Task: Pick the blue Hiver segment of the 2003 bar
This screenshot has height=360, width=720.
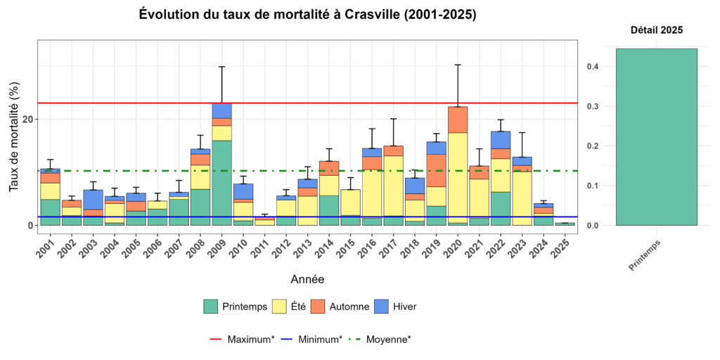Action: pos(94,199)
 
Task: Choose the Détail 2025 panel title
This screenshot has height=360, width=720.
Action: pos(655,30)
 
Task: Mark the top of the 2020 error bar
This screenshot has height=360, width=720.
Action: pos(458,65)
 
